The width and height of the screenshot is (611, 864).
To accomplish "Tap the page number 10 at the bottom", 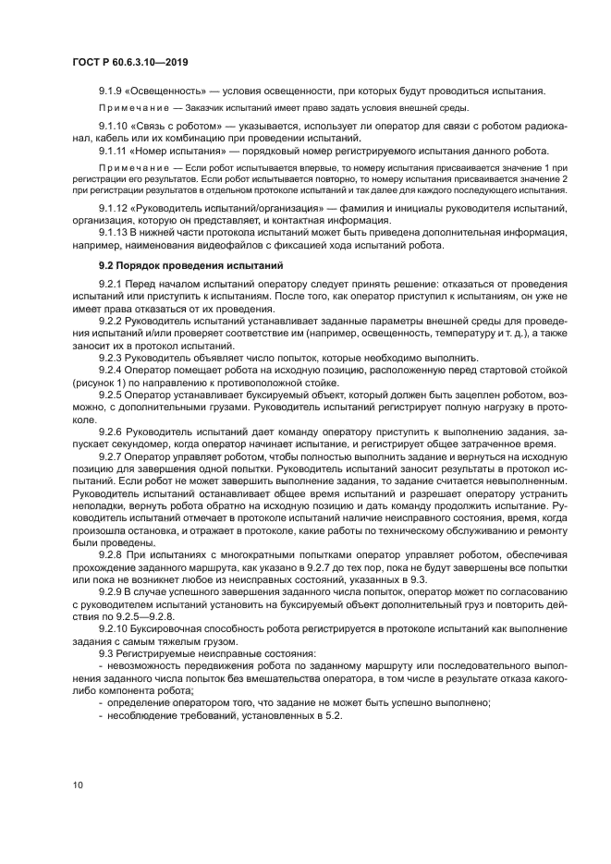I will (x=78, y=785).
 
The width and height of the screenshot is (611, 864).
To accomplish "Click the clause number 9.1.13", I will (x=116, y=234).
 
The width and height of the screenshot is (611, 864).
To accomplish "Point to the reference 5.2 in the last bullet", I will (x=334, y=713).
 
